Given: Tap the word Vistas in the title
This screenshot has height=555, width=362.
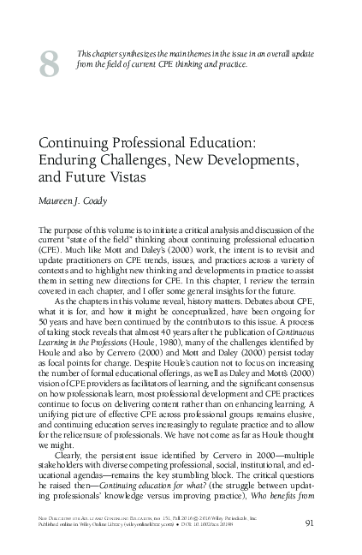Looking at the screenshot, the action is [133, 178].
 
